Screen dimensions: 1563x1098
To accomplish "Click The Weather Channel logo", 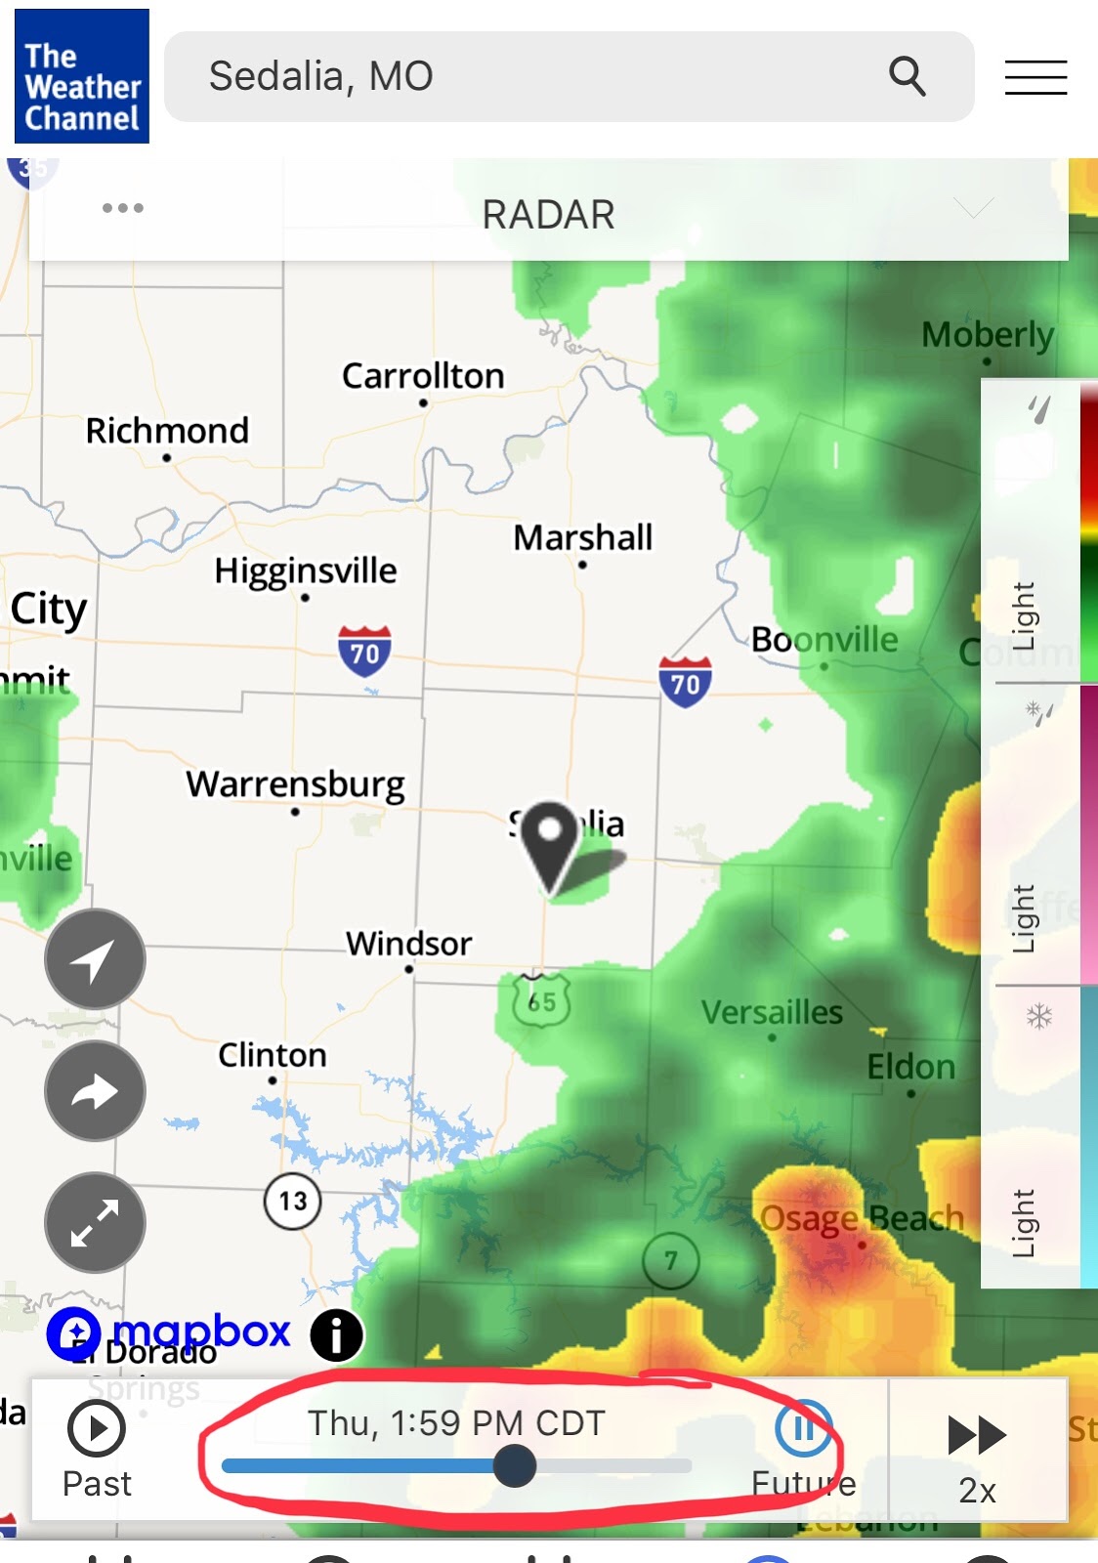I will point(82,76).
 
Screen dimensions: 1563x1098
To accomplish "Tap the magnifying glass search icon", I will point(907,76).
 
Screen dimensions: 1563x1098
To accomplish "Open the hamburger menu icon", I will point(1035,77).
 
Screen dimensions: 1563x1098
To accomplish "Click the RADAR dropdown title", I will point(548,215).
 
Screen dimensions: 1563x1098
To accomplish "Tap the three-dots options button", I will point(123,208).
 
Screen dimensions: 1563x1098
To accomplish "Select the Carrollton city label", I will point(423,376).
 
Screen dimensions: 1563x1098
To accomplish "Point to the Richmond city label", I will point(167,431).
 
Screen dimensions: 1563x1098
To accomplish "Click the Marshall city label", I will point(583,538).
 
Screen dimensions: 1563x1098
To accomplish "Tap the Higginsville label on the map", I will point(306,570).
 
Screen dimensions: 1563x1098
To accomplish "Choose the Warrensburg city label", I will point(295,784).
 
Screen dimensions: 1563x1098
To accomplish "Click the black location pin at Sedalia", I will point(550,842).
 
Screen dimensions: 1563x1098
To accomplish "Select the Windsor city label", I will point(409,944).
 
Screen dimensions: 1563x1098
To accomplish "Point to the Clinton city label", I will point(273,1055).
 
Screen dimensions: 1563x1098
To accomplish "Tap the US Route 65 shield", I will point(541,1000).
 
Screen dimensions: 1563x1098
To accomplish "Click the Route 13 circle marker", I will point(293,1201).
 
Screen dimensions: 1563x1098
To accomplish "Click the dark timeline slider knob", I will point(515,1465).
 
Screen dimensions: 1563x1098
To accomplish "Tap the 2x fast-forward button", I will point(977,1451).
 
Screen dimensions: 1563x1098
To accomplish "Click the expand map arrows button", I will point(95,1222).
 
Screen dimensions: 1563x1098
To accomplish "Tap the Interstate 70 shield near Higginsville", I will point(364,652).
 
